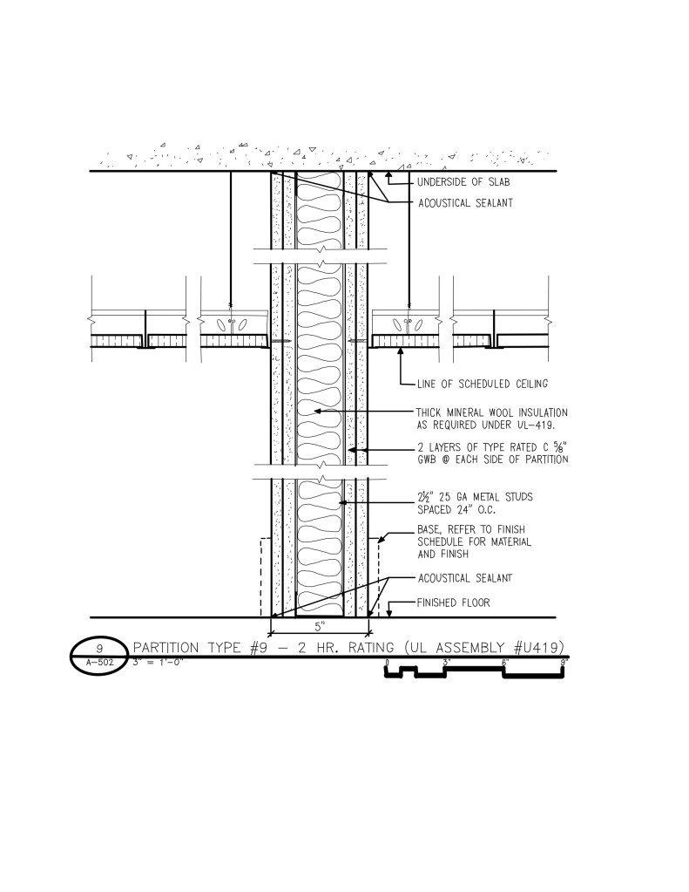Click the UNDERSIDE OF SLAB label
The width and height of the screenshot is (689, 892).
463,182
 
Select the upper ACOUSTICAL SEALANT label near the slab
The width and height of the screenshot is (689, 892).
465,203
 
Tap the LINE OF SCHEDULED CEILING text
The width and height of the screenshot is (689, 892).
483,384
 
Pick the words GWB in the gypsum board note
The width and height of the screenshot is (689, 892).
427,460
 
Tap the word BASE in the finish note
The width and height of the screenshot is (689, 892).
429,529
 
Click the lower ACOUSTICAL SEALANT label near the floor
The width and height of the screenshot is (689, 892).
465,579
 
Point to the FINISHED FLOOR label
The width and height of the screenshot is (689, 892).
453,603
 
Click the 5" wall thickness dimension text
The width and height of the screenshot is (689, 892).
320,627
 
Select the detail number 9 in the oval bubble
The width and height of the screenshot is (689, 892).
99,649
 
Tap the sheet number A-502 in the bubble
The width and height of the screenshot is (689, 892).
99,662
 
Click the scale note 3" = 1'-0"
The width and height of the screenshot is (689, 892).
158,662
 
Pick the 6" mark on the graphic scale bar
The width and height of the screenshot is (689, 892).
504,662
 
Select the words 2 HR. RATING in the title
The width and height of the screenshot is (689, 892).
345,647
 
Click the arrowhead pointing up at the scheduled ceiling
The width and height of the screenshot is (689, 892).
402,351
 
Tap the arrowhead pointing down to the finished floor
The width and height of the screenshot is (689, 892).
389,613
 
